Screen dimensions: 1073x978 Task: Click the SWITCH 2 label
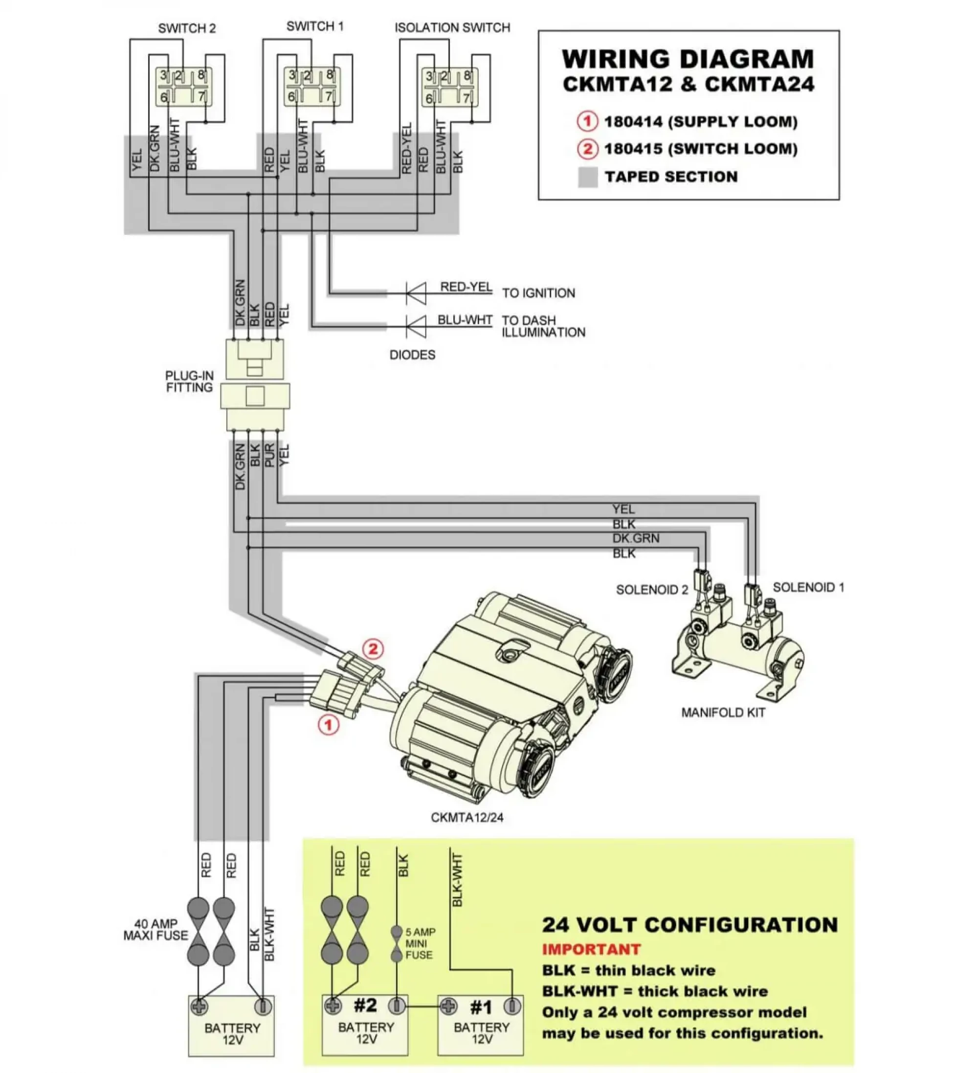tap(187, 29)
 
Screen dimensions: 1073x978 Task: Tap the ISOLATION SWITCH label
tap(452, 28)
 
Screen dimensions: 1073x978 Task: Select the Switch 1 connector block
tap(311, 86)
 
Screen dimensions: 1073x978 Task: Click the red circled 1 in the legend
tap(587, 121)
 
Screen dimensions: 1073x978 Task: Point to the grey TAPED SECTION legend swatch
tap(587, 177)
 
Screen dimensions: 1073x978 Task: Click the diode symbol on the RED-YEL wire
tap(416, 293)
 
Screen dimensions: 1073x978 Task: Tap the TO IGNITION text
tap(538, 293)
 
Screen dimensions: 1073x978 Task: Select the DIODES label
tap(412, 355)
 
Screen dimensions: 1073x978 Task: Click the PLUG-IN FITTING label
tap(189, 381)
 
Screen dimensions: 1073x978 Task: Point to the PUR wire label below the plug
tap(269, 454)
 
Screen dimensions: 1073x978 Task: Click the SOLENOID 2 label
tap(651, 590)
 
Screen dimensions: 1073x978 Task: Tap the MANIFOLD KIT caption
tap(723, 713)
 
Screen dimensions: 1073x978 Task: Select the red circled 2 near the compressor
tap(373, 649)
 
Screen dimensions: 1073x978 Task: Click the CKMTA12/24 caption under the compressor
tap(467, 818)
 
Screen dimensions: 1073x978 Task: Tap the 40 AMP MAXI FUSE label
tap(156, 930)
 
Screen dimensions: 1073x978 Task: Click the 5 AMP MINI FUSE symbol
tap(397, 944)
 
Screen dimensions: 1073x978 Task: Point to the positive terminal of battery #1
tap(448, 1006)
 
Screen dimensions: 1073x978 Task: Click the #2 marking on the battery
tap(365, 1005)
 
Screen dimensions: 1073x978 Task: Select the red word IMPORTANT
tap(591, 950)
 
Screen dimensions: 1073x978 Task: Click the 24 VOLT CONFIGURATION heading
tap(689, 925)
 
